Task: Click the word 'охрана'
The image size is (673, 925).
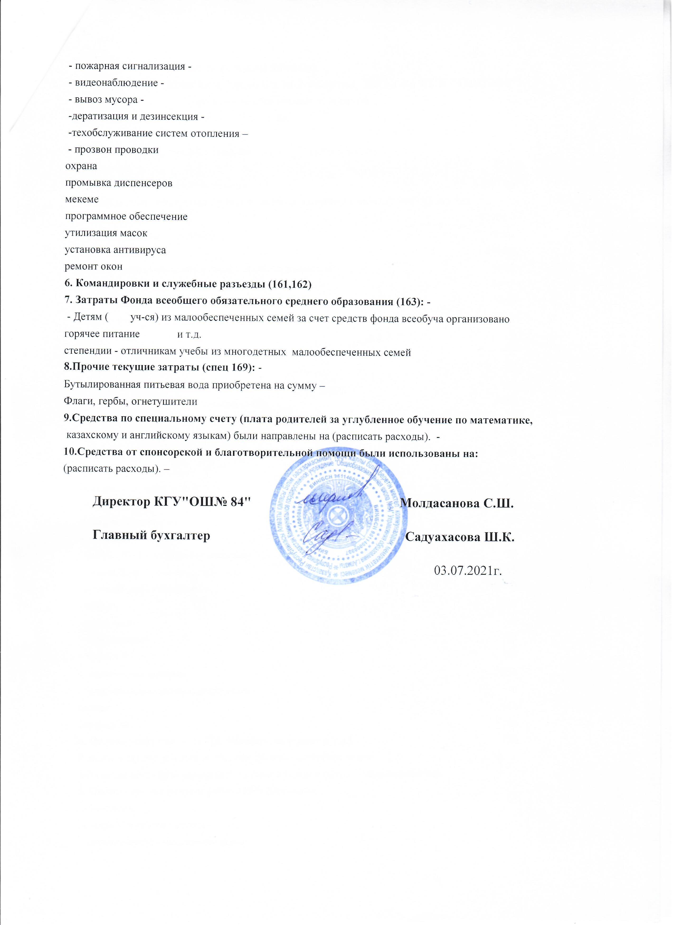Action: (81, 166)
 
